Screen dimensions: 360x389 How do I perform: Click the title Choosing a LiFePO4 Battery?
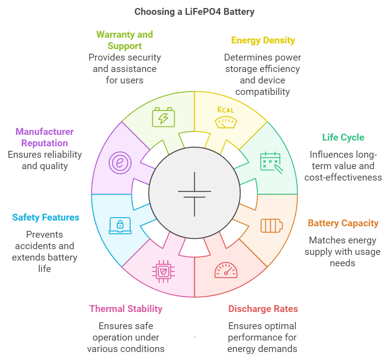click(194, 12)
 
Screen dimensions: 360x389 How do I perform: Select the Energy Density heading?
click(263, 40)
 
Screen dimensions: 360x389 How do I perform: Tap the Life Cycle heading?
click(343, 137)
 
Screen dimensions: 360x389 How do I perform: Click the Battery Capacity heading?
click(343, 223)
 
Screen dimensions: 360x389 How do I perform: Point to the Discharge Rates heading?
click(263, 309)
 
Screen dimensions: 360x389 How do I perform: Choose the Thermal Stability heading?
click(126, 309)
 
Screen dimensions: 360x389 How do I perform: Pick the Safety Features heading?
click(46, 218)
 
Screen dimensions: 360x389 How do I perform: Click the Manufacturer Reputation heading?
click(45, 138)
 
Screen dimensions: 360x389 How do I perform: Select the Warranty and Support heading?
click(125, 40)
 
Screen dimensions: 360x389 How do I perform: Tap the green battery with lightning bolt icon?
click(164, 117)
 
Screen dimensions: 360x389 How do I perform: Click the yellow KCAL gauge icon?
click(226, 117)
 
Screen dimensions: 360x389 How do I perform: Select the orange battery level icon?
click(272, 225)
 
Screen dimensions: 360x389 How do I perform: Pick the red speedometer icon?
click(226, 270)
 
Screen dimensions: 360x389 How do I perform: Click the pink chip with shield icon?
click(164, 271)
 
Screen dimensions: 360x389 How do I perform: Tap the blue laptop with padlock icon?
click(120, 225)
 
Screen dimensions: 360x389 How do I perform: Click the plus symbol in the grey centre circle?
click(194, 194)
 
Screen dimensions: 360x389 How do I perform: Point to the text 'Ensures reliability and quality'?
click(45, 160)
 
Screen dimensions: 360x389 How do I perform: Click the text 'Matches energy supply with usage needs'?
click(342, 252)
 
